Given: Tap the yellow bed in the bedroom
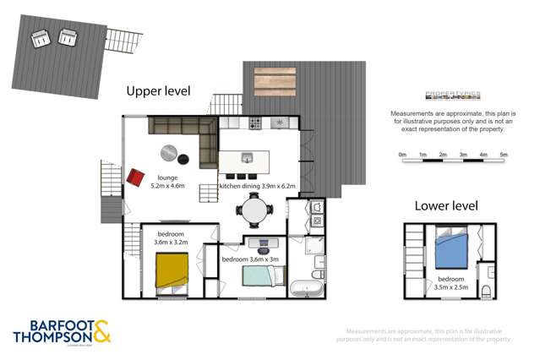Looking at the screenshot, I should click(x=171, y=271).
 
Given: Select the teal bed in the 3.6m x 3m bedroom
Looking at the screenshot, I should click(x=257, y=275).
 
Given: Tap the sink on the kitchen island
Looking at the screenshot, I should click(x=248, y=157).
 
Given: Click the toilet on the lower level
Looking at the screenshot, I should click(x=486, y=290).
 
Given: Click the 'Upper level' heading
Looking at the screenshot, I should click(x=158, y=90).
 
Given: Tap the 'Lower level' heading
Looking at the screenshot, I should click(x=445, y=205).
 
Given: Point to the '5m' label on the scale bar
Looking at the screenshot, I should click(x=503, y=155).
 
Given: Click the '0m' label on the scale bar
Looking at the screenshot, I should click(x=402, y=155).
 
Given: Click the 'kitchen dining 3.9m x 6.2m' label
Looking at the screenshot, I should click(x=259, y=184).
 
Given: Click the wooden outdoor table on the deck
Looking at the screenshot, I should click(x=275, y=81).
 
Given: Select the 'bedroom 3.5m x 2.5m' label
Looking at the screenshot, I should click(x=450, y=283).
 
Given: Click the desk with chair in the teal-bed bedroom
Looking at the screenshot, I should click(x=263, y=243).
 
